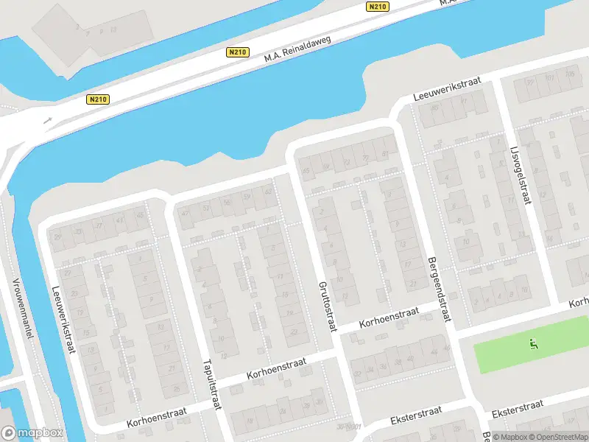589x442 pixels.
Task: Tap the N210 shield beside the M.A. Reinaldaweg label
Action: point(237,52)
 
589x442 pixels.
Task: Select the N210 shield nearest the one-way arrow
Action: point(96,99)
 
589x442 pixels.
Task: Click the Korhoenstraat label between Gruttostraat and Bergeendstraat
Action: point(389,318)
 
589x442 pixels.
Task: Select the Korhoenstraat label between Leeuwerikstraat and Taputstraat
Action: point(156,417)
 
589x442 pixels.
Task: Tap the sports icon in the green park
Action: point(534,343)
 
